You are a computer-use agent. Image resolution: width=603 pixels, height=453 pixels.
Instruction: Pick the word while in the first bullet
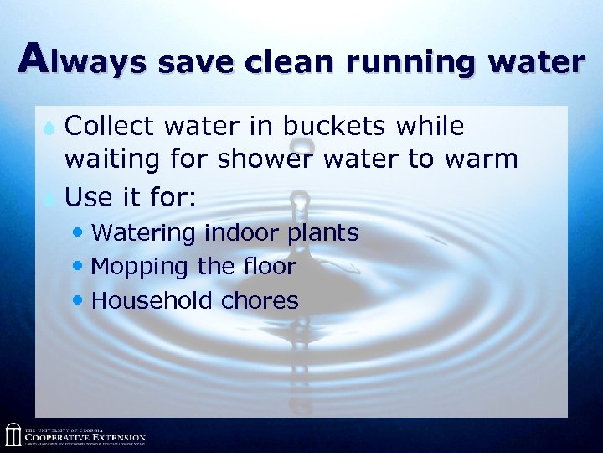pyautogui.click(x=430, y=127)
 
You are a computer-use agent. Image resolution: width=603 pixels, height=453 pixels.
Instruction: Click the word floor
pyautogui.click(x=268, y=267)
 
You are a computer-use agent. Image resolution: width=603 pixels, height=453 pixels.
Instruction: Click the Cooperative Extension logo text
pyautogui.click(x=85, y=437)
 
